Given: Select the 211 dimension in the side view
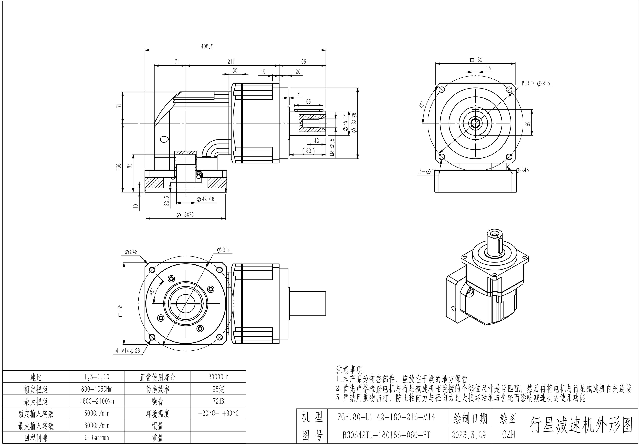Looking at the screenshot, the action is click(x=231, y=62).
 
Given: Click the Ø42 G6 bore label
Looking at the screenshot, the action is click(x=205, y=199).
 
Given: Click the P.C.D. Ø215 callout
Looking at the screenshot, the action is click(x=536, y=83).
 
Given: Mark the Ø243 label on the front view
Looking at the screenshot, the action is click(x=522, y=170).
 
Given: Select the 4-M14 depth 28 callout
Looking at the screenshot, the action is click(x=128, y=351).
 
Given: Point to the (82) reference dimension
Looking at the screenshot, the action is click(x=308, y=151).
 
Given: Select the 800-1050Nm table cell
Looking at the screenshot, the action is click(x=97, y=389).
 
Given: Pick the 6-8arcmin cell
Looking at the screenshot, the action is click(x=97, y=438).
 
